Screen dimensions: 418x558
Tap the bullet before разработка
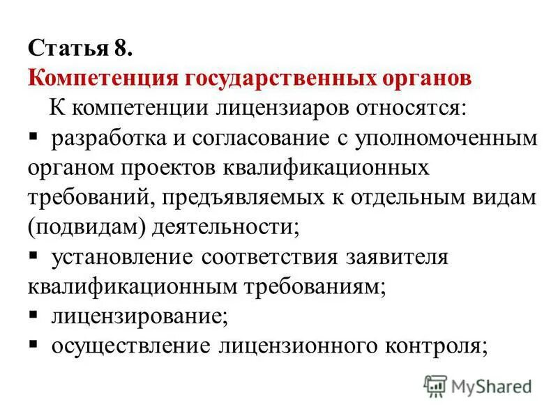pyautogui.click(x=33, y=137)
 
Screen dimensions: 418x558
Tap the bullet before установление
pyautogui.click(x=33, y=256)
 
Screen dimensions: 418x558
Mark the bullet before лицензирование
pyautogui.click(x=33, y=315)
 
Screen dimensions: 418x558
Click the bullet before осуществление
pyautogui.click(x=33, y=345)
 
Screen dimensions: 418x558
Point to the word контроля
pyautogui.click(x=430, y=346)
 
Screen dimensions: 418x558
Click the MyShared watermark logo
pyautogui.click(x=478, y=385)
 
